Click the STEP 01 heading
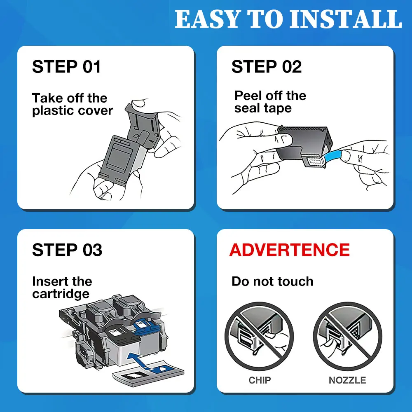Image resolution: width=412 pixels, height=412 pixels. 66,67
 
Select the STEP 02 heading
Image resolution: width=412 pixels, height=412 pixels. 266,67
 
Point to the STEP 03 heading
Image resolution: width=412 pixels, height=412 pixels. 67,250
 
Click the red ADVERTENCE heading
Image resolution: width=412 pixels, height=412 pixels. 289,250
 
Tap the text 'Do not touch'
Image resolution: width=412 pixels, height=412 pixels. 272,281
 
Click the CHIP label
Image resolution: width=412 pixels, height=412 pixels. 260,380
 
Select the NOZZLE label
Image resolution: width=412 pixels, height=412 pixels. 347,380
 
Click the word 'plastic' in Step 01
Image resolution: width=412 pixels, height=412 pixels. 54,111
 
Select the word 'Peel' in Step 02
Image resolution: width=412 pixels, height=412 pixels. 248,96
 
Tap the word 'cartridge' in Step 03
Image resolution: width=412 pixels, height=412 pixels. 61,294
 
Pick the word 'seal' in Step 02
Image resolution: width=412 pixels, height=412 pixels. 248,108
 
